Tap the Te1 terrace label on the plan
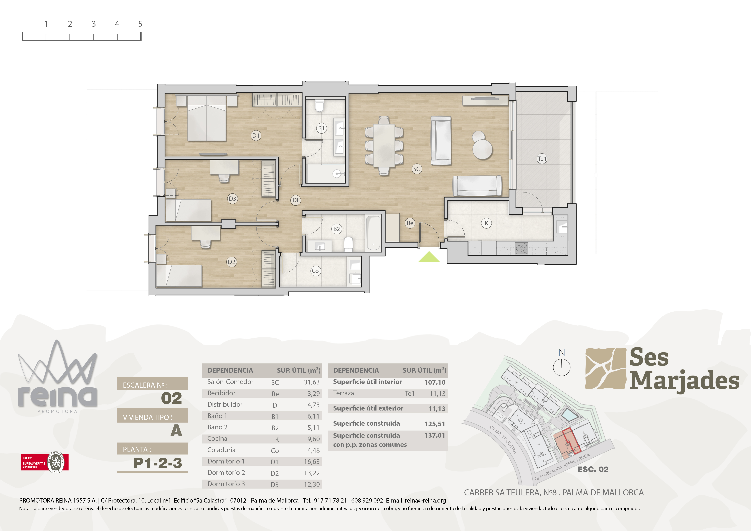542,159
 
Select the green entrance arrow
429,257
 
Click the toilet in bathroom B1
319,105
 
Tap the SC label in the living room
416,169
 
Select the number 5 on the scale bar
140,24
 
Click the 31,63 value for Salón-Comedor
312,382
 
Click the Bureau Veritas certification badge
45,462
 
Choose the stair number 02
171,398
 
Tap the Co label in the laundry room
315,271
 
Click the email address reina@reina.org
425,501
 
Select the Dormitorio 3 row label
226,484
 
